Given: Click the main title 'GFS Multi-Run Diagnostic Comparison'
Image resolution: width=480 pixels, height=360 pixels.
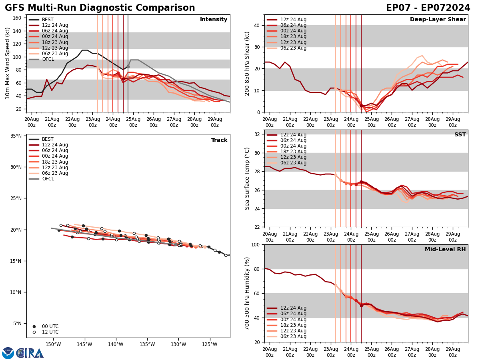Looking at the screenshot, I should pos(100,8).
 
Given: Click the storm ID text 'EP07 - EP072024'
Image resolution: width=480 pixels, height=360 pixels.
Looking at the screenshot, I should pos(428,8).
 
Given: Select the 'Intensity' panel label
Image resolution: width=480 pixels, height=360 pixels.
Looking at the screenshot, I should pos(214,20).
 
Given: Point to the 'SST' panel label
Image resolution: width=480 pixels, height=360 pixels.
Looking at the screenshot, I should pos(460,135).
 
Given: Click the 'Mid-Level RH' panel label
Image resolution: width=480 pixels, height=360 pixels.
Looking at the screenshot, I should pos(445,250).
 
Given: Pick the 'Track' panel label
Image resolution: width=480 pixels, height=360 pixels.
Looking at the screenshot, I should pos(219,140).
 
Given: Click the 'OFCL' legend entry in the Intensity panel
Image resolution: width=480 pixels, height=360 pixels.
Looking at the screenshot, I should pos(48,59).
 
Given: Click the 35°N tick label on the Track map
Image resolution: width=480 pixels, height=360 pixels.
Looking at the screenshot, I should pos(16,136).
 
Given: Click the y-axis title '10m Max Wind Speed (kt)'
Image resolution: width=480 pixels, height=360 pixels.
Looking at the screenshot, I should pos(8,63).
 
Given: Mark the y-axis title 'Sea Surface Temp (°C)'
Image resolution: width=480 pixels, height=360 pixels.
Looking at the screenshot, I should pos(247,178).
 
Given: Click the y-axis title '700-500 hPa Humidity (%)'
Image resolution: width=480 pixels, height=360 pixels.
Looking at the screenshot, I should pos(247,293).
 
